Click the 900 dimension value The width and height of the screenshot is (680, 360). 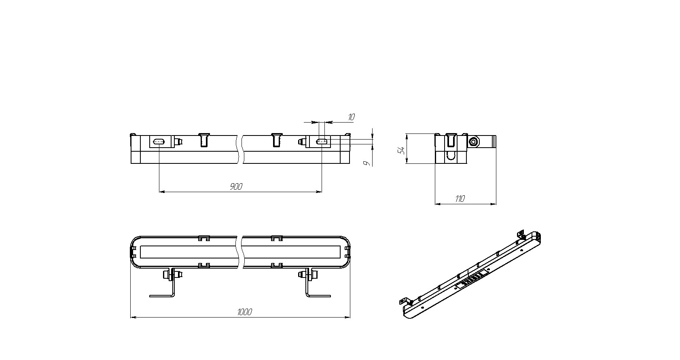[x=236, y=186]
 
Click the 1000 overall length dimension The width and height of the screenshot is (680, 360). [x=245, y=312]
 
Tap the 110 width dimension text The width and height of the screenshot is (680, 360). [x=460, y=199]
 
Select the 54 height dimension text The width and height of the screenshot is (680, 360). [x=402, y=150]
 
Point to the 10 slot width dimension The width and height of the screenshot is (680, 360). [x=351, y=117]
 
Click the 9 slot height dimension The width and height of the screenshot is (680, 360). [x=367, y=163]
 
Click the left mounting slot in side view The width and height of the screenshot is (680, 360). [x=159, y=142]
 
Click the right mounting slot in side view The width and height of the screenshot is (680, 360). [x=322, y=142]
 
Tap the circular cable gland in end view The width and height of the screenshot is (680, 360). [x=473, y=141]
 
